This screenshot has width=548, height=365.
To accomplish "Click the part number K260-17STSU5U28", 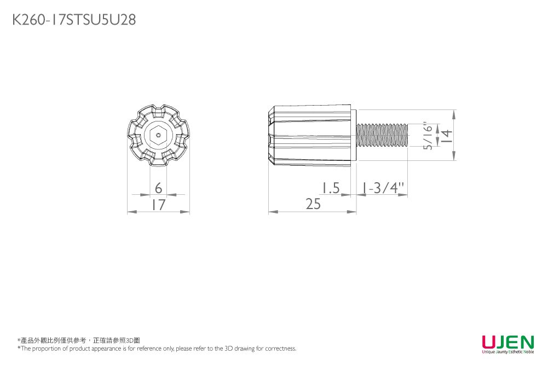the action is pyautogui.click(x=74, y=20).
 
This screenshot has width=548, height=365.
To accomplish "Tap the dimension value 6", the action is pyautogui.click(x=158, y=188).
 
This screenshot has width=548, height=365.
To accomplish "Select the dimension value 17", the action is pyautogui.click(x=158, y=205).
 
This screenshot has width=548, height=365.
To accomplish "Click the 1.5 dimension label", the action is pyautogui.click(x=331, y=188).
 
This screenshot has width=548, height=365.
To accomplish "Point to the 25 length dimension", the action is pyautogui.click(x=313, y=204).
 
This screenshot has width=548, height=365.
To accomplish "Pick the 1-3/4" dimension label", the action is pyautogui.click(x=383, y=188).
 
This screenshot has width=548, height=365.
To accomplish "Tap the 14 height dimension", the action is pyautogui.click(x=447, y=136).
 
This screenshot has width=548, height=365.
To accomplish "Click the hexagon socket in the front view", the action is pyautogui.click(x=158, y=135).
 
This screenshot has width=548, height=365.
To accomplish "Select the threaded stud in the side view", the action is pyautogui.click(x=382, y=136).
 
